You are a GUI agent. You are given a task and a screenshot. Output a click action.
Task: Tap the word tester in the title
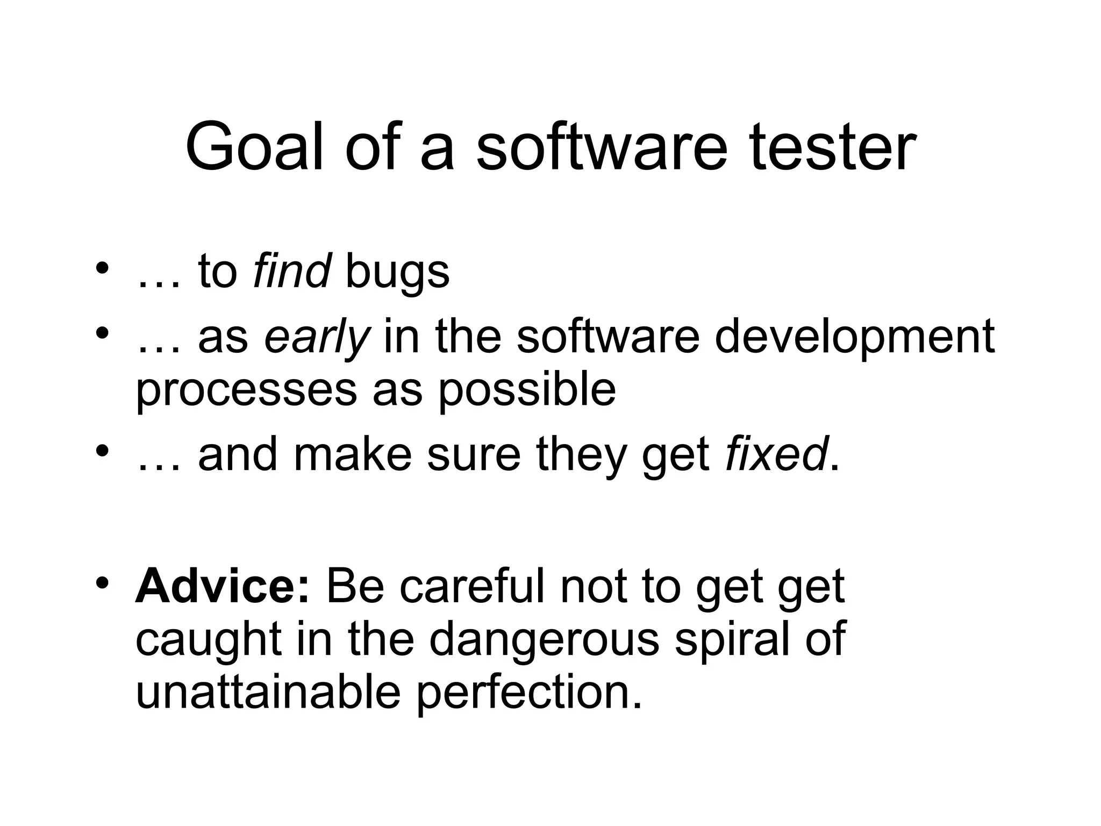833,147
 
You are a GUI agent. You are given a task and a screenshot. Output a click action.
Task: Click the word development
854,338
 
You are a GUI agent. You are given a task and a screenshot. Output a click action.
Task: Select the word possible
527,390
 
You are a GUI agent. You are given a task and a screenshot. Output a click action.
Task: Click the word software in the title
602,147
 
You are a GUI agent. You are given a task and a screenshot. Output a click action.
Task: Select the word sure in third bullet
474,455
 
